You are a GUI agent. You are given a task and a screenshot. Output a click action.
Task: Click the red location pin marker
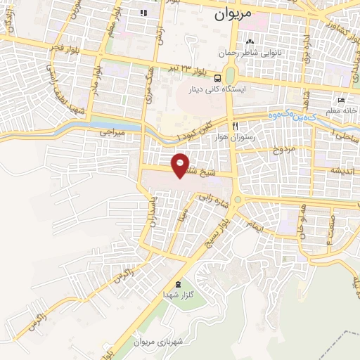(x=181, y=165)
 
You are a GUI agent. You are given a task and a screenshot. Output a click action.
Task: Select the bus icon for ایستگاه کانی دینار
(x=218, y=78)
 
